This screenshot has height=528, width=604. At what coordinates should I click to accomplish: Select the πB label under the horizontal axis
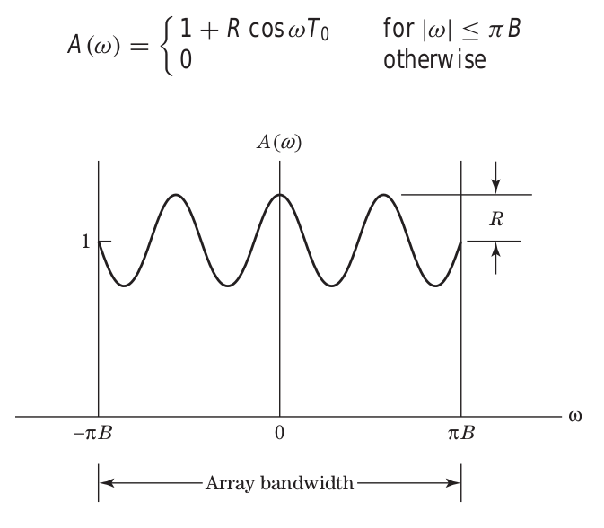[460, 436]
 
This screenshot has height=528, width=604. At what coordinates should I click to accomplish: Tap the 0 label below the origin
[280, 436]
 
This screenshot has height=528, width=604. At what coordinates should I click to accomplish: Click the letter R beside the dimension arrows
[495, 219]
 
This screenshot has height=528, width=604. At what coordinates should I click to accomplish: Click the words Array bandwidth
[279, 484]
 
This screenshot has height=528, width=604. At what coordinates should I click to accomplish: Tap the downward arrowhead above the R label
[495, 188]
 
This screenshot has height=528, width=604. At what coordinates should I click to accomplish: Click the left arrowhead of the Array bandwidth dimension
[105, 484]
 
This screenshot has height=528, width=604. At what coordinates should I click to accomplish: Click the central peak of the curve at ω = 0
[280, 195]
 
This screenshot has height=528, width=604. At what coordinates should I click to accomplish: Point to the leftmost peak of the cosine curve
[176, 195]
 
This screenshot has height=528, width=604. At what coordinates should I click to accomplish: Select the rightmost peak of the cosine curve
[384, 195]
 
